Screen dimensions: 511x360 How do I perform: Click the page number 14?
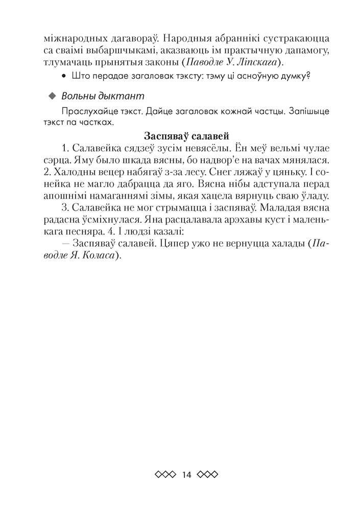point(186,474)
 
